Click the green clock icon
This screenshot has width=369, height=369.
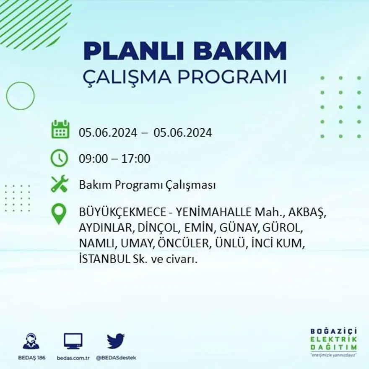(x=59, y=159)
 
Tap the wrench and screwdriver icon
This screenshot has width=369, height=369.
(x=60, y=184)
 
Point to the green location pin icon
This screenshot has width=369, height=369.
(x=59, y=213)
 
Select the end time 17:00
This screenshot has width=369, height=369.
(x=136, y=159)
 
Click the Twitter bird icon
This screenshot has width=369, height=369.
(x=115, y=341)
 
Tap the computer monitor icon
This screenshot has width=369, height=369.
(x=73, y=341)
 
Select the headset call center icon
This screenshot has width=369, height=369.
(x=31, y=341)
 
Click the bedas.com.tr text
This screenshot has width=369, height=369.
(x=73, y=358)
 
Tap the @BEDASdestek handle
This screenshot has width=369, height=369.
(x=116, y=358)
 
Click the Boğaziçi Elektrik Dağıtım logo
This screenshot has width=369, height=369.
(x=333, y=341)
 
